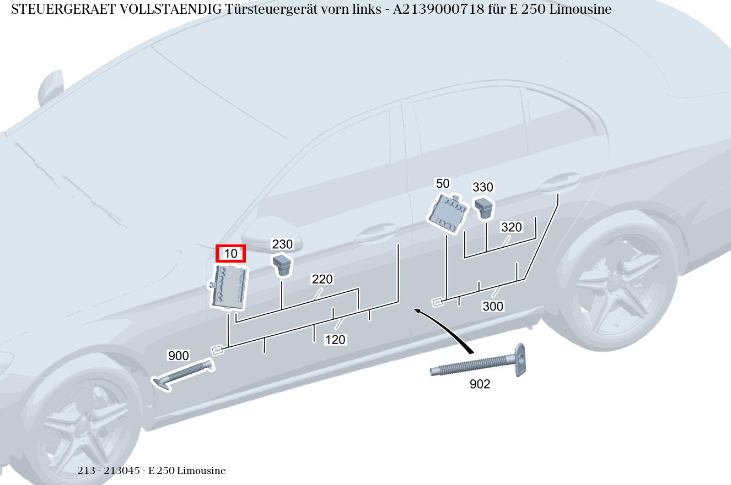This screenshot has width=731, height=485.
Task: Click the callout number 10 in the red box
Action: click(230, 254)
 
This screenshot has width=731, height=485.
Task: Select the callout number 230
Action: click(282, 244)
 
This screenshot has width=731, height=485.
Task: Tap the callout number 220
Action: click(322, 279)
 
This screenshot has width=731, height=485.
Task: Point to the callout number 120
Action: click(335, 340)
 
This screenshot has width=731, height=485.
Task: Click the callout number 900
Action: click(178, 356)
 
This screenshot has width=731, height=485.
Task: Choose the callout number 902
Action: click(480, 384)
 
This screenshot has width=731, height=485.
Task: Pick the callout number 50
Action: click(443, 183)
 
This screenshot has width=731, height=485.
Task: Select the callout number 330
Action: click(483, 187)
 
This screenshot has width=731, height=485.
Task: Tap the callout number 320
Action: click(511, 227)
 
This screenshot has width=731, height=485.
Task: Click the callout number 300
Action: click(493, 306)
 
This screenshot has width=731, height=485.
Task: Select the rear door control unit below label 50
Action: click(447, 212)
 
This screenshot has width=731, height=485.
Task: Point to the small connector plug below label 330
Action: click(484, 208)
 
